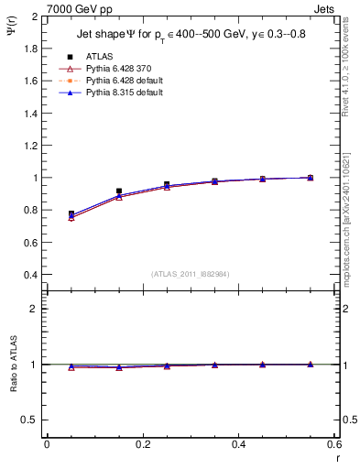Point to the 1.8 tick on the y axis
pyautogui.click(x=32, y=49)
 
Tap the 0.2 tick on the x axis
pyautogui.click(x=142, y=444)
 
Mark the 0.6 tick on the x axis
pyautogui.click(x=333, y=444)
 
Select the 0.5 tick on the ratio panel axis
pyautogui.click(x=32, y=420)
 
